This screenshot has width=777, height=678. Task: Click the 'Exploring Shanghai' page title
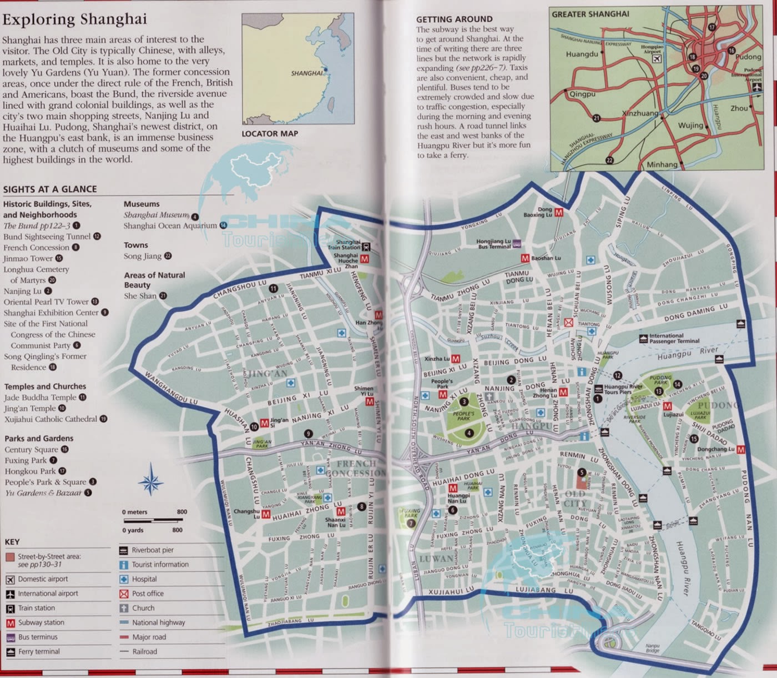pyautogui.click(x=74, y=19)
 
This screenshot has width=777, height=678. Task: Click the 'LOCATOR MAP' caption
pyautogui.click(x=270, y=133)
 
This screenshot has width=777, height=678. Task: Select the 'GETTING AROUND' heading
pyautogui.click(x=454, y=19)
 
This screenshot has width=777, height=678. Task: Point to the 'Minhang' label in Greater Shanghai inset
pyautogui.click(x=662, y=164)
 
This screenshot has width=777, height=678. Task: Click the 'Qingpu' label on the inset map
pyautogui.click(x=582, y=94)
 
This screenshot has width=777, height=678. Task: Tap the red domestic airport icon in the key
pyautogui.click(x=10, y=579)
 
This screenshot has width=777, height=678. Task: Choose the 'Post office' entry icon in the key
pyautogui.click(x=124, y=594)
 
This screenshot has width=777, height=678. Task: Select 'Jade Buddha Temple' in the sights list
pyautogui.click(x=40, y=398)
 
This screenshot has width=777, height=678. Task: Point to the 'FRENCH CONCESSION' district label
pyautogui.click(x=356, y=468)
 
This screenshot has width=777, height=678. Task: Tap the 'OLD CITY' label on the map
pyautogui.click(x=575, y=498)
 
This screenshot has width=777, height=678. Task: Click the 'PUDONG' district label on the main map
pyautogui.click(x=719, y=405)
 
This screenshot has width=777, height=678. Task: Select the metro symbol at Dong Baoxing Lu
pyautogui.click(x=559, y=212)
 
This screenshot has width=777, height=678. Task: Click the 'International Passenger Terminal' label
pyautogui.click(x=674, y=338)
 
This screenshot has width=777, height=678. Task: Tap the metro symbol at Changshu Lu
pyautogui.click(x=266, y=515)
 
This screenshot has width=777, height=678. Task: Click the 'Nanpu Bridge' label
pyautogui.click(x=652, y=647)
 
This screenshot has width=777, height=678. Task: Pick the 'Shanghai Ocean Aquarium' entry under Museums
pyautogui.click(x=170, y=225)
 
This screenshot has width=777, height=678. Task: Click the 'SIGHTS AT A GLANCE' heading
pyautogui.click(x=50, y=189)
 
